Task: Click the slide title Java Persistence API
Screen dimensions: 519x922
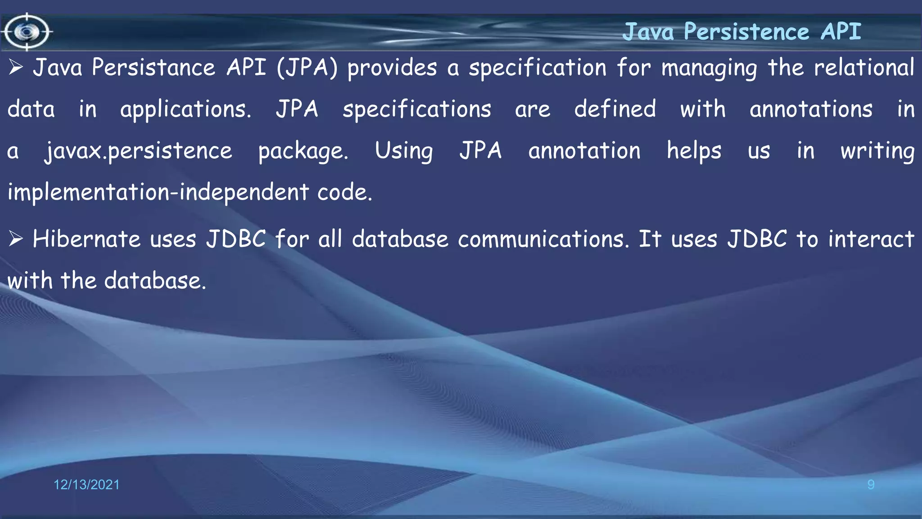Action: pos(741,32)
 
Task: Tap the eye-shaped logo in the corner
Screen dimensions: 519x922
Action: pos(27,32)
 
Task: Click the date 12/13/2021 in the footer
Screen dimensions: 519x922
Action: pos(86,485)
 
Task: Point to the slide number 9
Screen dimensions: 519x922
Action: pos(871,485)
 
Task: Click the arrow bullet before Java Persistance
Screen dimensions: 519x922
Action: pos(16,68)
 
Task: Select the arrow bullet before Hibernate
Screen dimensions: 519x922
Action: pos(16,239)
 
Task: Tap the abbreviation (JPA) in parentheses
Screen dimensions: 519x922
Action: pos(307,68)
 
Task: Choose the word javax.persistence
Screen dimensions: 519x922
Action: pos(138,151)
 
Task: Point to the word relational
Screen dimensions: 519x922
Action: pos(864,68)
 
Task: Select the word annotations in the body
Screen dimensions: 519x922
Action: pos(811,109)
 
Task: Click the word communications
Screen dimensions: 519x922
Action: pos(543,239)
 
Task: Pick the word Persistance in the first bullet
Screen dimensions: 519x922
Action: pos(154,68)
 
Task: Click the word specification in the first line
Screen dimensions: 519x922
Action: pos(538,68)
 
